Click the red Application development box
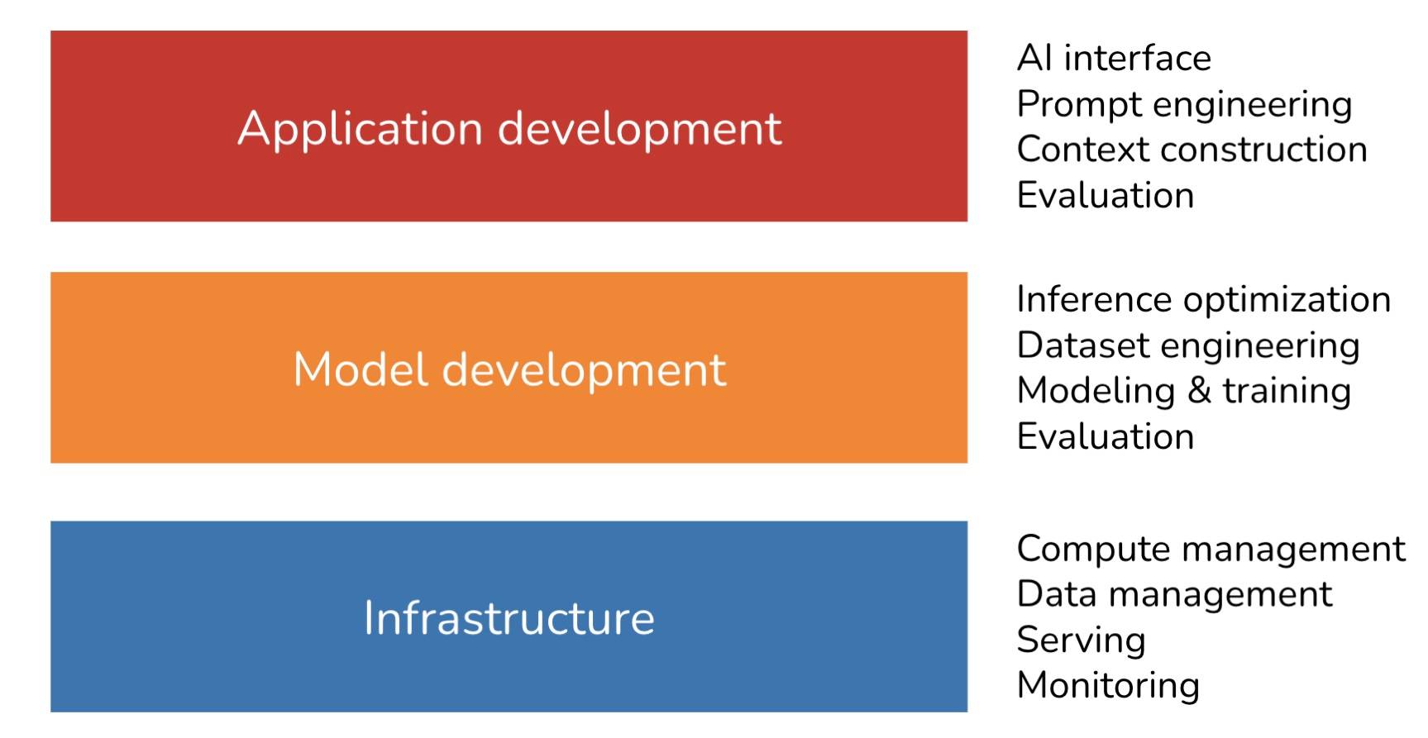click(x=509, y=126)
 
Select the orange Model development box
click(x=509, y=367)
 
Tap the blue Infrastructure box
click(x=509, y=616)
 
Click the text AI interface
click(x=1114, y=58)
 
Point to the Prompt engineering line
click(x=1184, y=105)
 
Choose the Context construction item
click(x=1192, y=150)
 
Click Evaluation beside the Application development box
click(x=1106, y=196)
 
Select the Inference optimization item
click(x=1204, y=300)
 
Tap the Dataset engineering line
click(x=1188, y=346)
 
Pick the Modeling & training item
click(x=1184, y=392)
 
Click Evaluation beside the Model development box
click(x=1106, y=437)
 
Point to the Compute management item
click(x=1211, y=550)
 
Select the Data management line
click(x=1175, y=595)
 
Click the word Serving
click(x=1082, y=640)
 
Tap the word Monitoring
click(x=1109, y=686)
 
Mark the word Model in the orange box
click(x=361, y=369)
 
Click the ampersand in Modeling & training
click(x=1199, y=391)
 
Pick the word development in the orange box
click(x=585, y=370)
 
